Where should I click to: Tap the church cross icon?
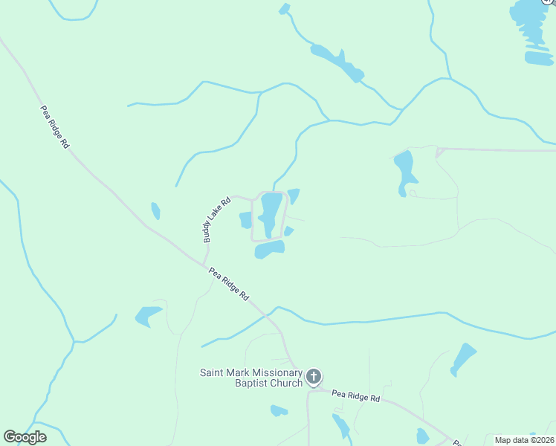tap(314, 377)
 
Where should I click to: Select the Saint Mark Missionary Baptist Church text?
tap(251, 378)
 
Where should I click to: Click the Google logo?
tap(25, 437)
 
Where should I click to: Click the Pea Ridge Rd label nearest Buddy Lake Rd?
tap(228, 284)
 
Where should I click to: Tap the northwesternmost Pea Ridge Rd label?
tap(54, 127)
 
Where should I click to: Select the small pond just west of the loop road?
tap(246, 220)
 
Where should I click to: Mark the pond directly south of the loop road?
tap(269, 250)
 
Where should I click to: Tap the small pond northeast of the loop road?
tap(294, 195)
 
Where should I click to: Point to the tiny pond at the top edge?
tap(284, 9)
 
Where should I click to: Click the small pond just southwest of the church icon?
tap(279, 410)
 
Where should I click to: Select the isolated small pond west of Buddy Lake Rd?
tap(155, 211)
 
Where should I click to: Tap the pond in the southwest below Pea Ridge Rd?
tap(149, 316)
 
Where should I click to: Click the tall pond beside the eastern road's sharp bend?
tap(404, 171)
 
